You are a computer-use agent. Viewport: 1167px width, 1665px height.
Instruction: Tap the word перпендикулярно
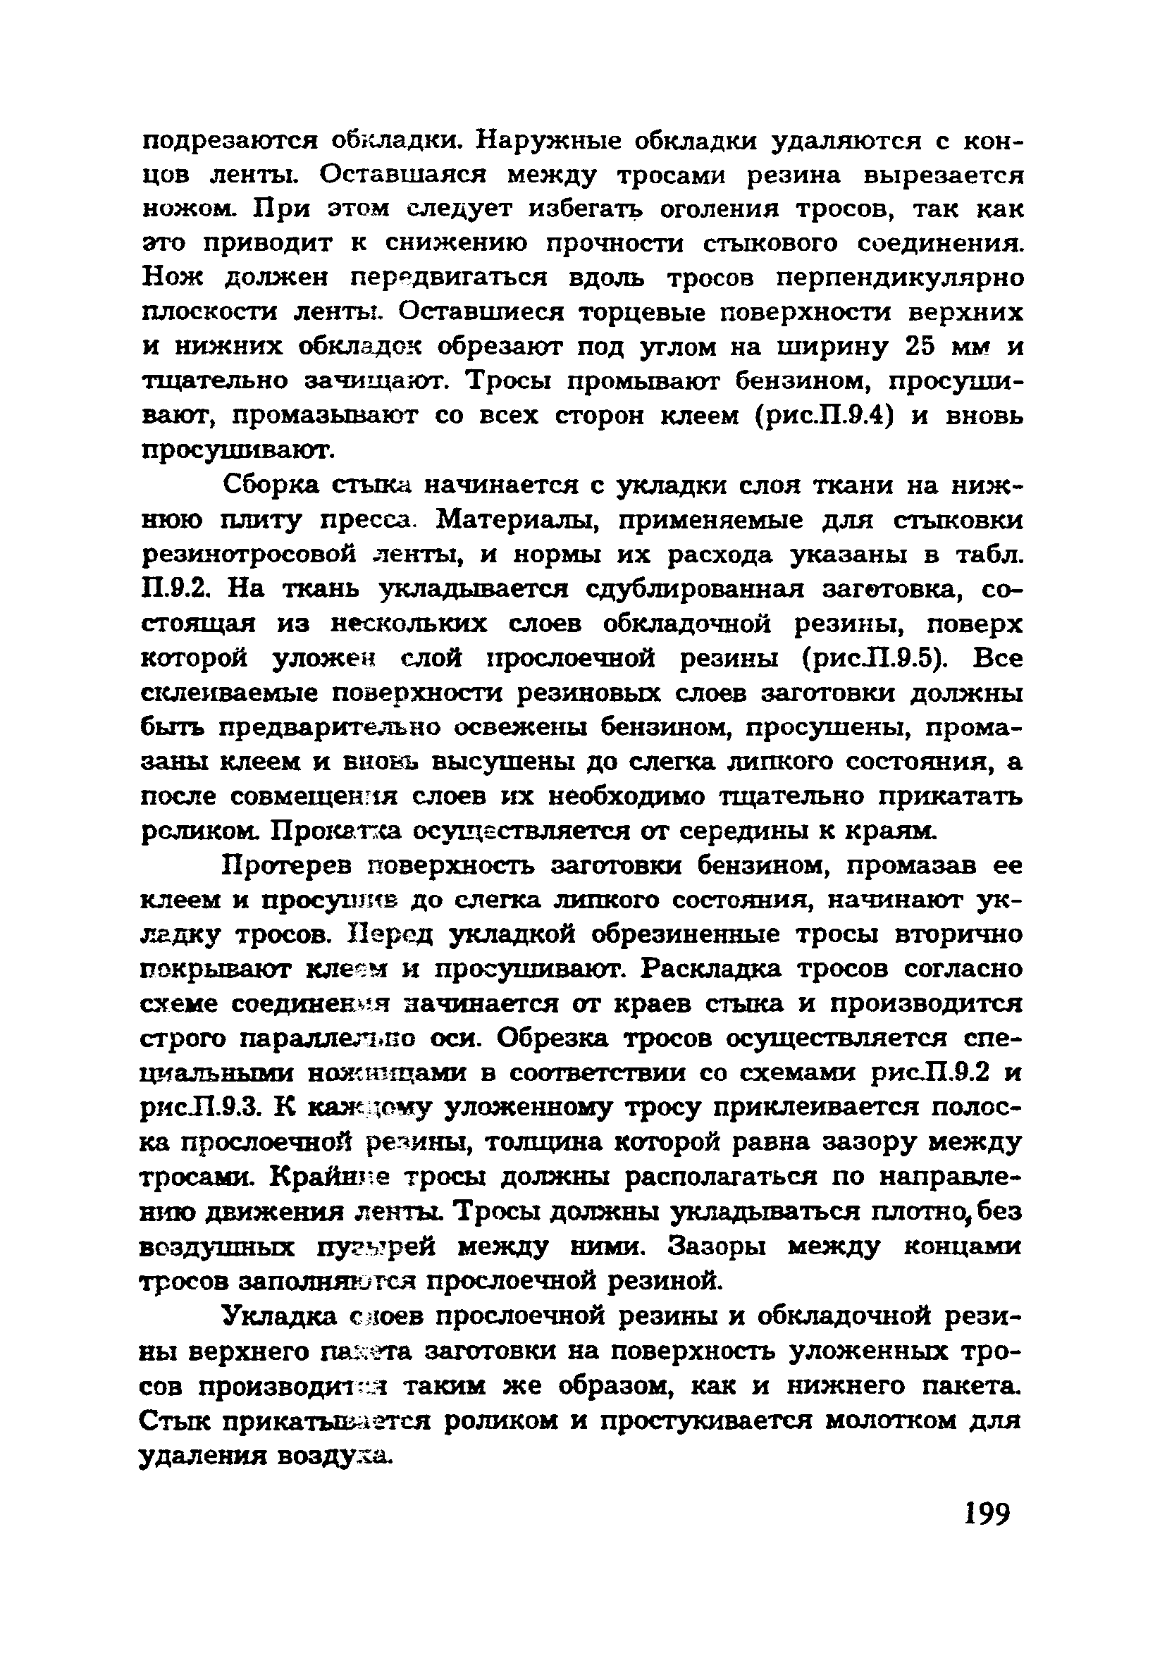point(899,278)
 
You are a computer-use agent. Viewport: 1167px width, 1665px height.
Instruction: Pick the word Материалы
point(528,519)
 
